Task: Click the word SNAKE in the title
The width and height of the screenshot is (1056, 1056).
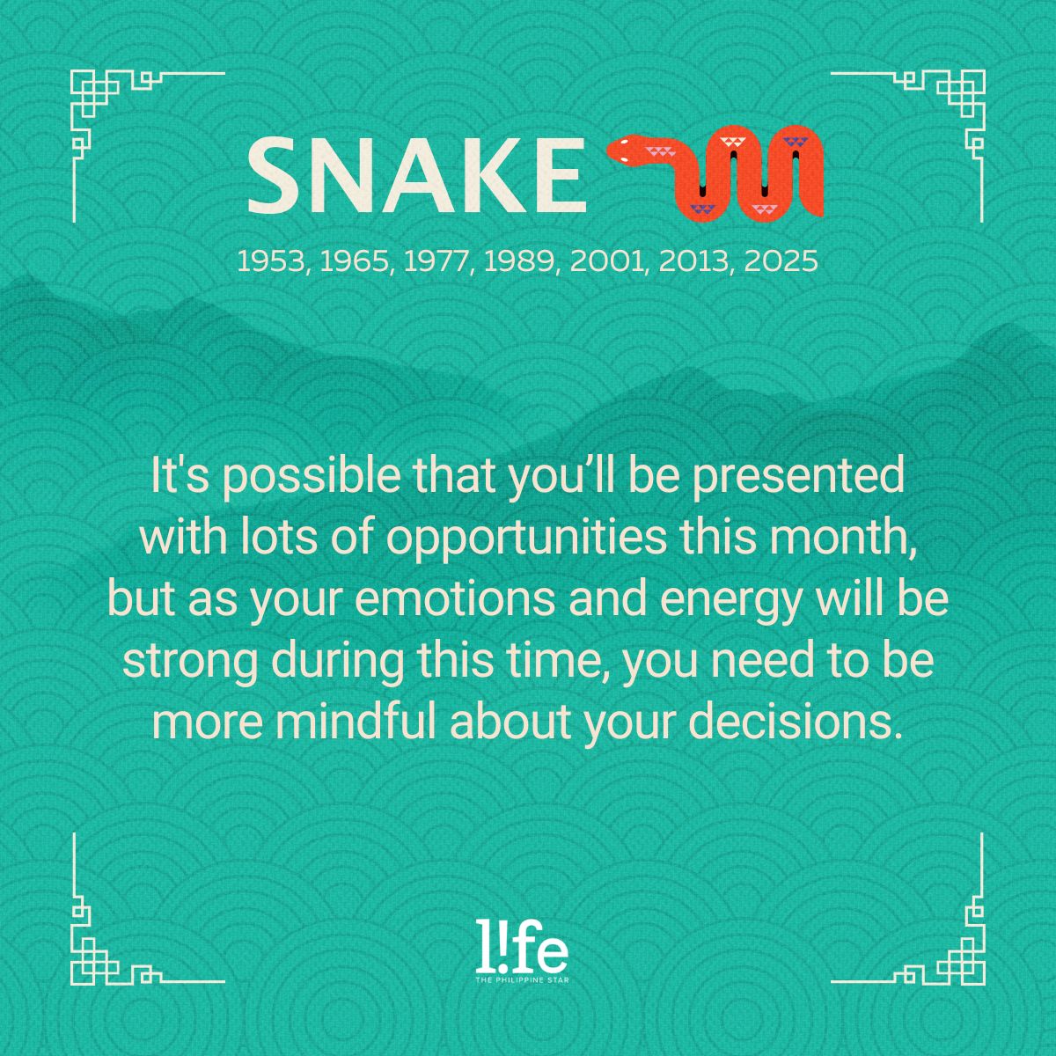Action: (417, 175)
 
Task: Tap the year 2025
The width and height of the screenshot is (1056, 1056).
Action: (781, 261)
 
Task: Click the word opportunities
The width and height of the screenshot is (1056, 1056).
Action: (526, 539)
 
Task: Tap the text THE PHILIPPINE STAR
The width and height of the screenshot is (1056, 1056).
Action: (522, 980)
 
